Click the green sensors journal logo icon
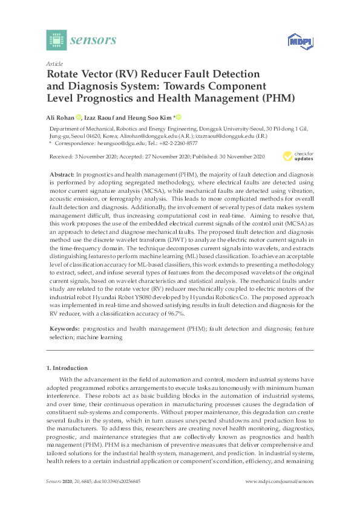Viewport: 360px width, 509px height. pyautogui.click(x=56, y=40)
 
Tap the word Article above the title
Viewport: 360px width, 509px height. pyautogui.click(x=54, y=63)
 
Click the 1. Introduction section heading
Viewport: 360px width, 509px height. pyautogui.click(x=67, y=368)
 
